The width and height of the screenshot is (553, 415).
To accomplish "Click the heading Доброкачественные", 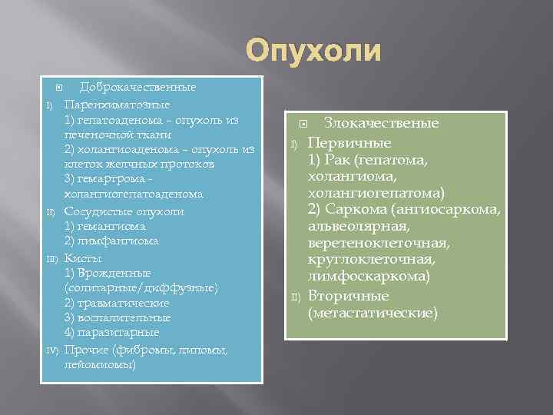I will coord(137,88).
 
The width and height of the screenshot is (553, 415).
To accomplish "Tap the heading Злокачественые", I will coord(381,123).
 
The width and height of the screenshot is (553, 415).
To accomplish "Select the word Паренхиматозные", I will coord(117,104).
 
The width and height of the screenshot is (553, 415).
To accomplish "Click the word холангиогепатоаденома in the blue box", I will coord(134,194).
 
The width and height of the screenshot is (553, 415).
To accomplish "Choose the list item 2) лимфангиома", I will coord(111,241).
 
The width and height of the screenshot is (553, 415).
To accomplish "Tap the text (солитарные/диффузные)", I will coord(142,287).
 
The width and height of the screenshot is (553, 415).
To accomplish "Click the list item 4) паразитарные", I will coord(112,332).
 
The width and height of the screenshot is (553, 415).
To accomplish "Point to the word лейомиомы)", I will coord(101,364).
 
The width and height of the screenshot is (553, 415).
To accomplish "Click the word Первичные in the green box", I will coord(349,143).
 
